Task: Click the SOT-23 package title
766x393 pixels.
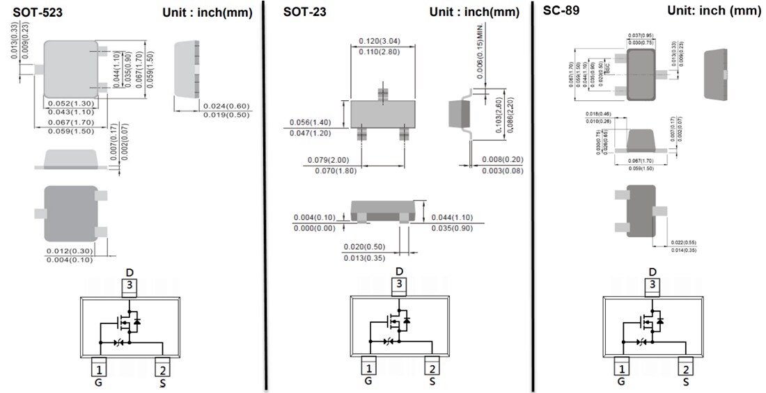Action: [305, 11]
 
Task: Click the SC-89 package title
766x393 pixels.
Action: [561, 10]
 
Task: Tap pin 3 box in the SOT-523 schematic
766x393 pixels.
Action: [129, 284]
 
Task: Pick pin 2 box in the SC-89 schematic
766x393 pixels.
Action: [686, 369]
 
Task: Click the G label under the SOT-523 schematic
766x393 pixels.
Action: [98, 381]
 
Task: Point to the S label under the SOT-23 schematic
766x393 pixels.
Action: [432, 381]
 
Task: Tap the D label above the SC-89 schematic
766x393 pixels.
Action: [652, 272]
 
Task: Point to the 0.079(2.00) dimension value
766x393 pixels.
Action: [331, 161]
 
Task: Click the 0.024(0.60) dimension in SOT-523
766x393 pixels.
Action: [226, 106]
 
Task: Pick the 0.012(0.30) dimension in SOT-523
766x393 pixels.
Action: [69, 250]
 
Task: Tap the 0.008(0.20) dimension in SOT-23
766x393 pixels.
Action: [502, 161]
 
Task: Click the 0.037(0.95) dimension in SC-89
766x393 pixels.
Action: [640, 35]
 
